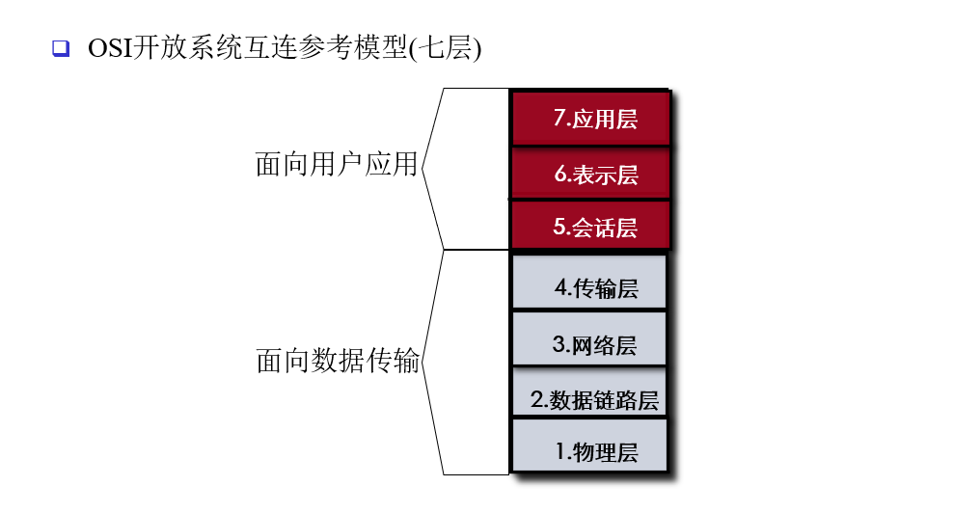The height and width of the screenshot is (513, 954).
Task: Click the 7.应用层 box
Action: pos(590,118)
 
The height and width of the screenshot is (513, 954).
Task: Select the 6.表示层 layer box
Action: pos(590,174)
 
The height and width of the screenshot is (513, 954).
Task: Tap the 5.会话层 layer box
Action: pos(590,228)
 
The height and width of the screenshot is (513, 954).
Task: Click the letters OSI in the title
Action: pos(110,47)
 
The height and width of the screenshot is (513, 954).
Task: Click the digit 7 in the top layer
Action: pos(559,118)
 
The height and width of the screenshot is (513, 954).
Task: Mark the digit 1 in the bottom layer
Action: pos(560,450)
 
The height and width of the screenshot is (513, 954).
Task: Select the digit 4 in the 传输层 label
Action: pos(560,287)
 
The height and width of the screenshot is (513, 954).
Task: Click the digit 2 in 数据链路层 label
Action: pos(536,399)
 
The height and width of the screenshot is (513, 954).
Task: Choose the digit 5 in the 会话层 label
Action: pos(559,228)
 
